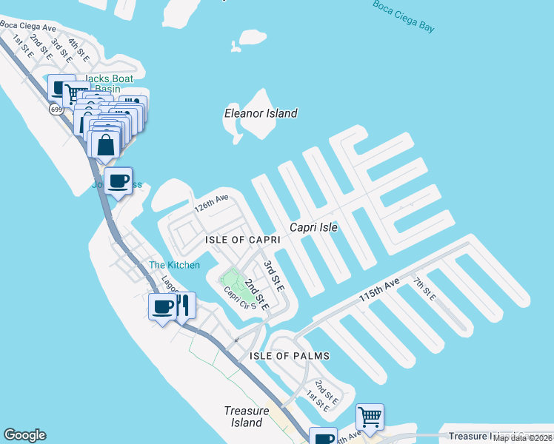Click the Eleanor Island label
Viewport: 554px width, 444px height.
pyautogui.click(x=261, y=113)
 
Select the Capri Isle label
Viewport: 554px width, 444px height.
pyautogui.click(x=313, y=227)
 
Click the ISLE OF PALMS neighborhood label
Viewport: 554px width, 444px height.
pyautogui.click(x=289, y=356)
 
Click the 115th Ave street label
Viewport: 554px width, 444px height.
pyautogui.click(x=379, y=289)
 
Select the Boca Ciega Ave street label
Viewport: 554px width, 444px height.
pyautogui.click(x=28, y=27)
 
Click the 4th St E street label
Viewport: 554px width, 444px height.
pyautogui.click(x=78, y=50)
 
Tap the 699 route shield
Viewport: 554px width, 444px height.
pyautogui.click(x=57, y=109)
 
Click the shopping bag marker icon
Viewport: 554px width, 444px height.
pyautogui.click(x=106, y=144)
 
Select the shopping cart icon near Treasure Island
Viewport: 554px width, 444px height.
pyautogui.click(x=369, y=416)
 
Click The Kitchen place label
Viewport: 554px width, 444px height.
pyautogui.click(x=174, y=265)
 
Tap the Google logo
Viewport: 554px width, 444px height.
pyautogui.click(x=24, y=435)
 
